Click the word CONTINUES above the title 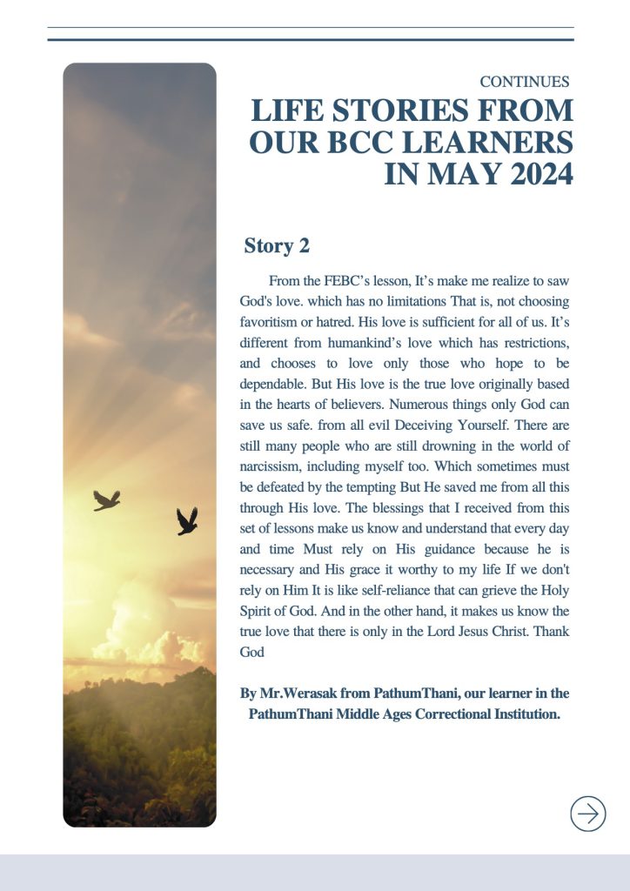tap(525, 82)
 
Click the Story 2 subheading tap(277, 246)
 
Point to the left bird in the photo tap(107, 499)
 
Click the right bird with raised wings tap(186, 520)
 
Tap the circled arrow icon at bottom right tap(588, 814)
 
